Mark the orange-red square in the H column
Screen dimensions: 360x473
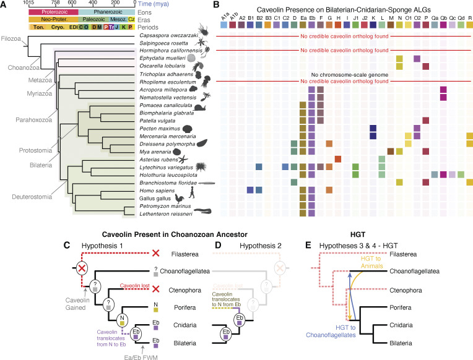(x=338, y=158)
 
